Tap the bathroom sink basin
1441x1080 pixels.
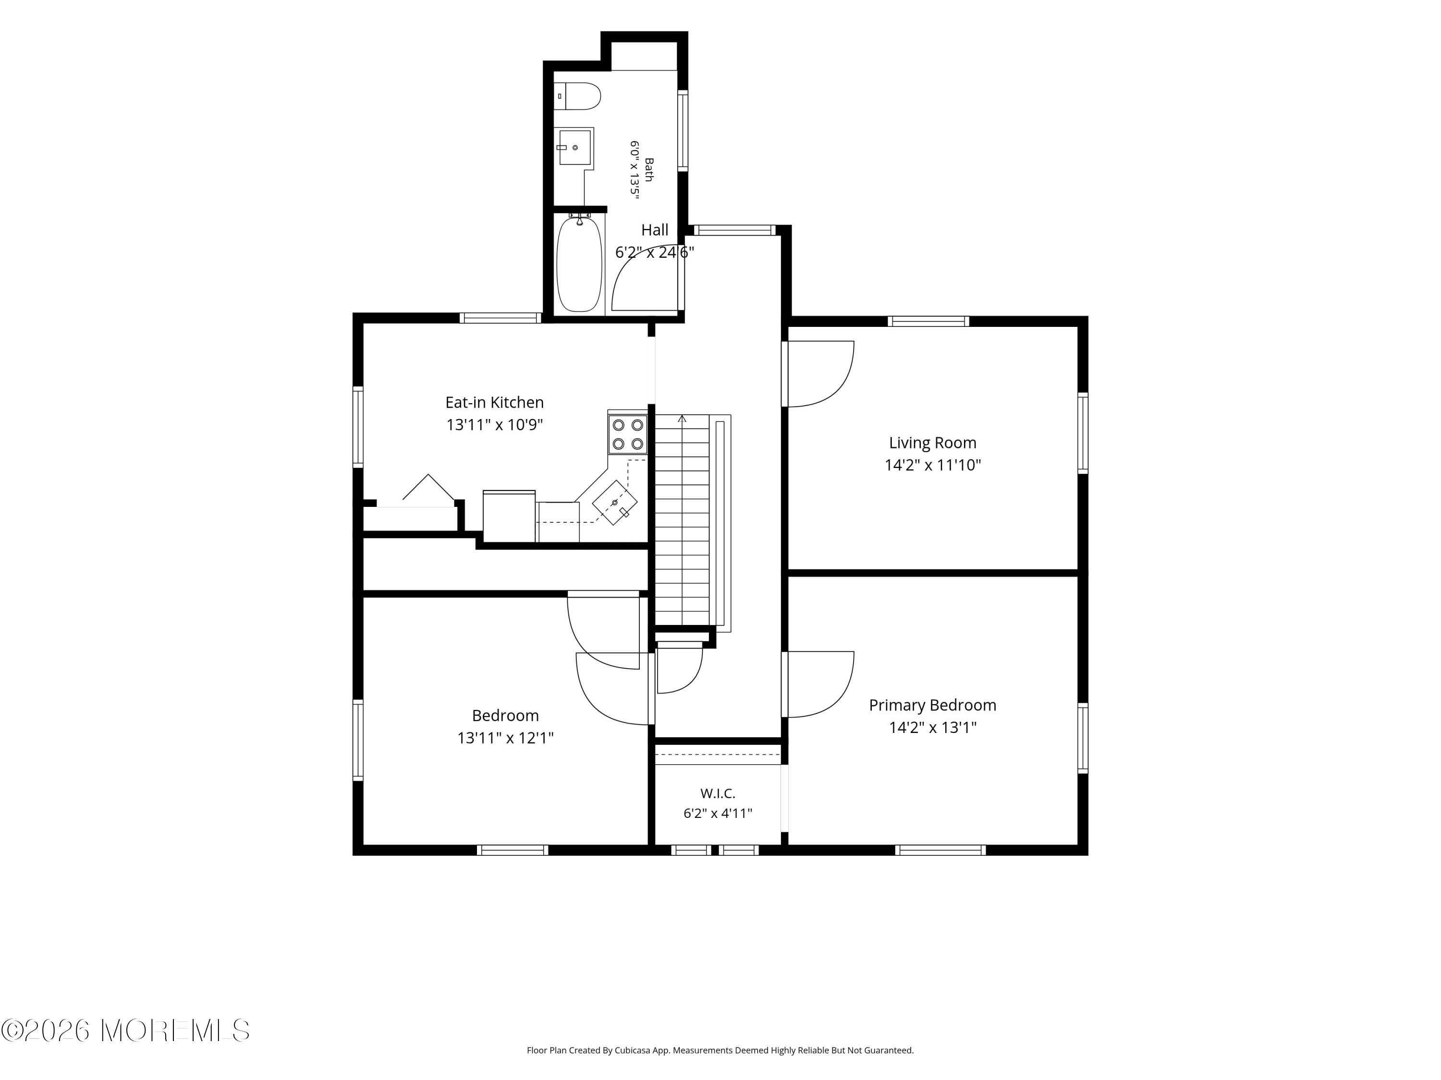tap(575, 148)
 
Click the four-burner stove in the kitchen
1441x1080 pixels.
tap(628, 434)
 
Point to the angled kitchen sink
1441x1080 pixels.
tap(615, 503)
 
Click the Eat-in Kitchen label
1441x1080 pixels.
tap(494, 402)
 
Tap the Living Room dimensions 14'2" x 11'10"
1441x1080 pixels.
tap(933, 465)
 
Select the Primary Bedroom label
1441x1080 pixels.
tap(933, 705)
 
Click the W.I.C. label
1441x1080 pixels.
tap(718, 793)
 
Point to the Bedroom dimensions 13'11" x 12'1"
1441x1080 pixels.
tap(505, 738)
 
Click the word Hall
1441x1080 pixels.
tap(655, 230)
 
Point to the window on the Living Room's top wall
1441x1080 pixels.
tap(928, 321)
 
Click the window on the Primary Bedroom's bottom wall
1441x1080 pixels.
tap(940, 850)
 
